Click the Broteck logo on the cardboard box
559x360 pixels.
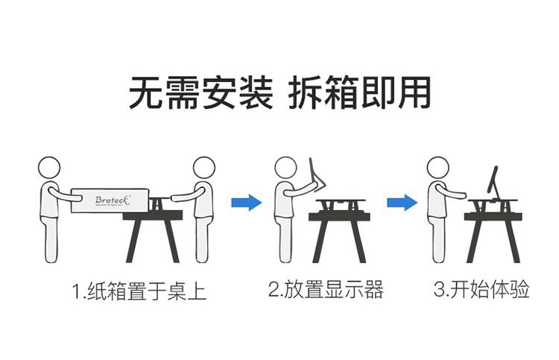point(113,200)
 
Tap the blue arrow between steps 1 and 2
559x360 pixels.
point(247,203)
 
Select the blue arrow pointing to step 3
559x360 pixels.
point(402,203)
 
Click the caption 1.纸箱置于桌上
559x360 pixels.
point(139,291)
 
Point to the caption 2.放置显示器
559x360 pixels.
point(326,289)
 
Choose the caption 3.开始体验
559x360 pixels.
point(481,288)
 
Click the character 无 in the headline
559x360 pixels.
point(145,92)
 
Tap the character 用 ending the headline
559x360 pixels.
point(414,92)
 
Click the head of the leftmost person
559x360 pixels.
point(49,168)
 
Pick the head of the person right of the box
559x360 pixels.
point(204,168)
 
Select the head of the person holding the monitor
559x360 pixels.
point(285,168)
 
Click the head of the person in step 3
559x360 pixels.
point(438,168)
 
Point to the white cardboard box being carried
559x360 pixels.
point(110,200)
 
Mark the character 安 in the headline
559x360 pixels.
point(218,92)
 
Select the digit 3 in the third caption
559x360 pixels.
point(439,289)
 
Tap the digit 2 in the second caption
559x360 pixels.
point(274,289)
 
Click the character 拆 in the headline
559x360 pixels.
point(305,92)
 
